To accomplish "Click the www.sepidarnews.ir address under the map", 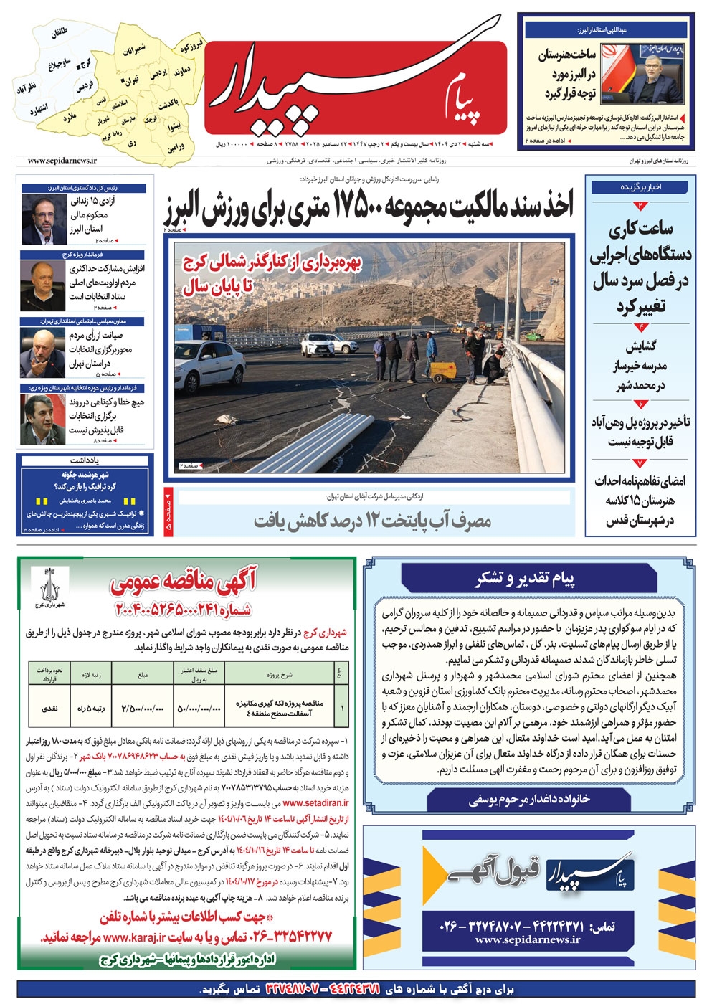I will (62, 161).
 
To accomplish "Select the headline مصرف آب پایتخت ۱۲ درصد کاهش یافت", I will (373, 521).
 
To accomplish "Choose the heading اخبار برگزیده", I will (640, 187).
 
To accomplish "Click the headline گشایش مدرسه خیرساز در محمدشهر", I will (640, 366).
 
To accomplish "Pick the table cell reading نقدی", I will (49, 708).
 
